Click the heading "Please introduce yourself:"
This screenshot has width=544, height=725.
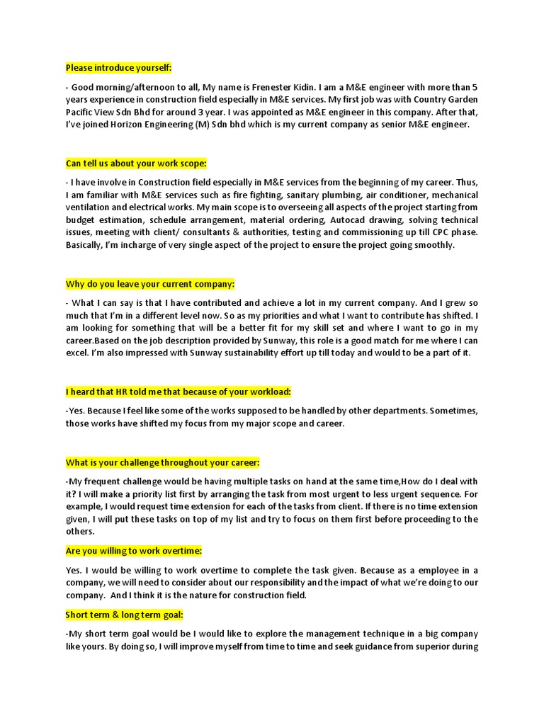click(119, 68)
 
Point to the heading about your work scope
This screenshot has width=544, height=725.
click(136, 164)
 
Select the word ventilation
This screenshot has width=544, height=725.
click(93, 207)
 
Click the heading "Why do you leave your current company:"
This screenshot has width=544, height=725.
click(150, 284)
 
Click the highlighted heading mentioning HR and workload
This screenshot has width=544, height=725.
click(178, 392)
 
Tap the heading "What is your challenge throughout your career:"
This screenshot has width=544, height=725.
click(163, 463)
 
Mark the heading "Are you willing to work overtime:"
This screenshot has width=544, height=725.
click(135, 551)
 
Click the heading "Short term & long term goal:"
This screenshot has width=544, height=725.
click(125, 615)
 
